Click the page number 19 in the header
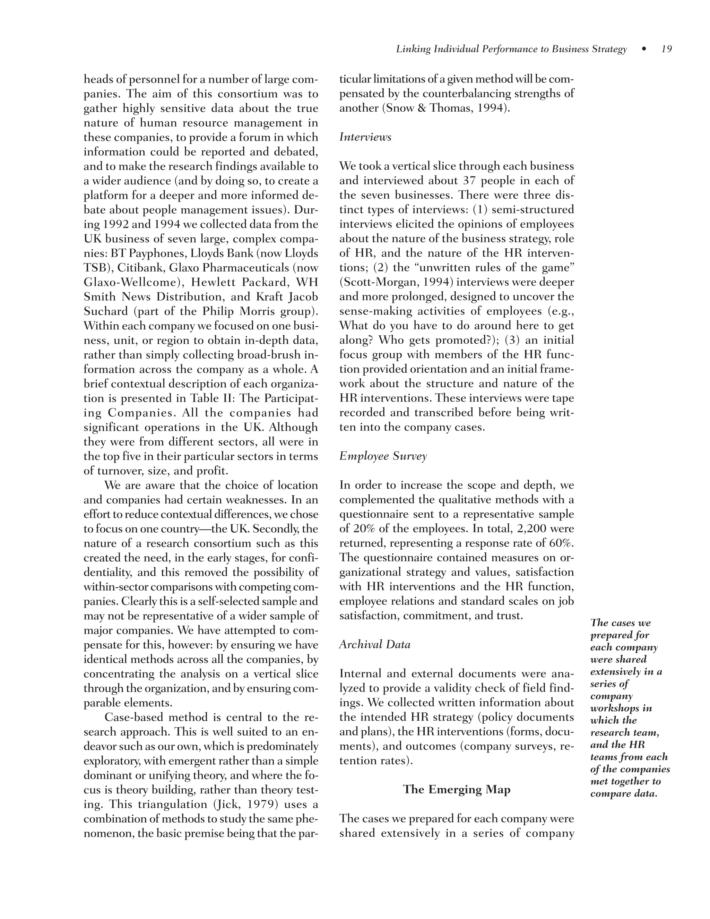666,49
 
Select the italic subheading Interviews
365,137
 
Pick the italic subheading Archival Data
374,645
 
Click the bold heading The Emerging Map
456,789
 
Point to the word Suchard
106,311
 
